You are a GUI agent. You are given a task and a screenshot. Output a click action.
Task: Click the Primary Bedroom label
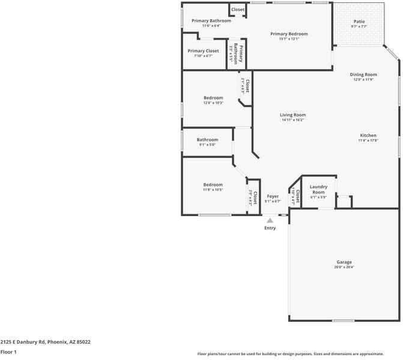pyautogui.click(x=289, y=34)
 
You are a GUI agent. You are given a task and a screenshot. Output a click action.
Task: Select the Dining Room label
pyautogui.click(x=363, y=74)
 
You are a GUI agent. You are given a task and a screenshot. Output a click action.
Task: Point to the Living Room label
pyautogui.click(x=292, y=115)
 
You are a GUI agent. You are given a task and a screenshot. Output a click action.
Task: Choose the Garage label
pyautogui.click(x=344, y=262)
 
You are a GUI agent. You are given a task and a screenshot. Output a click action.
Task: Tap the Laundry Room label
pyautogui.click(x=318, y=190)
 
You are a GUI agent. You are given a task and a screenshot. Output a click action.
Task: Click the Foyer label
pyautogui.click(x=273, y=196)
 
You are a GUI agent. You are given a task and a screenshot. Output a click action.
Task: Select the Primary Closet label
pyautogui.click(x=203, y=51)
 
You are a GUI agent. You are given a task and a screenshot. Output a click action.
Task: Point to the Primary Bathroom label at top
pyautogui.click(x=207, y=21)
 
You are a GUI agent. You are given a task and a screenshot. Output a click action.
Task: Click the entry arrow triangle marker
pyautogui.click(x=270, y=220)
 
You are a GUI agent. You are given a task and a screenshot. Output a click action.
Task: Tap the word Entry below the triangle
pyautogui.click(x=270, y=228)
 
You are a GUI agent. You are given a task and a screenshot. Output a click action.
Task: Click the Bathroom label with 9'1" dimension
pyautogui.click(x=207, y=140)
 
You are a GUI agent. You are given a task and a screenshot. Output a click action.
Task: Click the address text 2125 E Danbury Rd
pyautogui.click(x=45, y=341)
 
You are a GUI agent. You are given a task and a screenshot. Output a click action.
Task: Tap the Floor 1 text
pyautogui.click(x=8, y=352)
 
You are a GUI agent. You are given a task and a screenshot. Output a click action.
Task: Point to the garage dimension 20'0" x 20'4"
pyautogui.click(x=344, y=267)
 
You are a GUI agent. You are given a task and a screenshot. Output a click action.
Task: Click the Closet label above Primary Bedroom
pyautogui.click(x=238, y=10)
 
